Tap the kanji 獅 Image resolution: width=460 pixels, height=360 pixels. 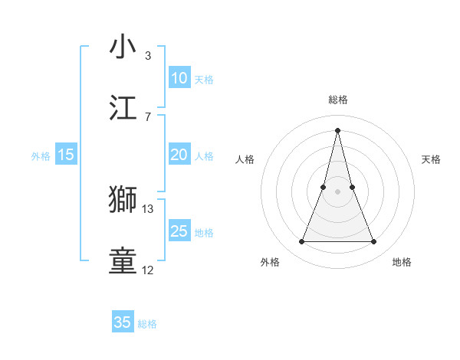pos(123,199)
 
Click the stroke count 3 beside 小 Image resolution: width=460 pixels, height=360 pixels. pos(147,56)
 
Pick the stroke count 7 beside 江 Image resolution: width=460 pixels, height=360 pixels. pos(147,117)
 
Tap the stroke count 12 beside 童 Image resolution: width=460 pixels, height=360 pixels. pos(147,270)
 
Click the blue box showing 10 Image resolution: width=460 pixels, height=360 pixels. pos(179,78)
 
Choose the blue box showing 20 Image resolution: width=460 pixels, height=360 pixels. pos(179,155)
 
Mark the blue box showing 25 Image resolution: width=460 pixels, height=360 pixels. pos(179,231)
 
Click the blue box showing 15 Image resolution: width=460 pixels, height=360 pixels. pos(66,155)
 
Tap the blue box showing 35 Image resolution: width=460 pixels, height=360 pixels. pos(123,322)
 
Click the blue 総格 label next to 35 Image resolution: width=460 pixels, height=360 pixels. pos(147,324)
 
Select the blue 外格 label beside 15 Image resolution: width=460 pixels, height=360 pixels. pos(41,156)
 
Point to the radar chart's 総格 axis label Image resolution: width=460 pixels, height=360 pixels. pos(338,100)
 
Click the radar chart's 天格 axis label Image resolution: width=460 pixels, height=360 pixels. pos(432,159)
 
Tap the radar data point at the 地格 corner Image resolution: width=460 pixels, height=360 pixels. pos(374,242)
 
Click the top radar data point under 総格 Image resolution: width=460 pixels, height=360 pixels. pos(338,129)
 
